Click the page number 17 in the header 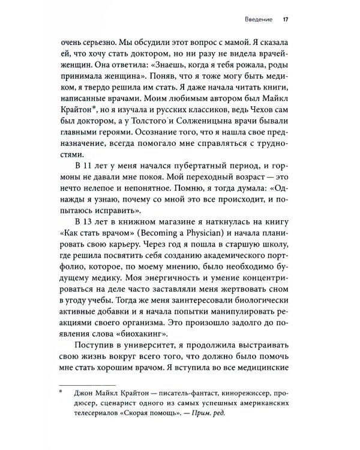(286, 19)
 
